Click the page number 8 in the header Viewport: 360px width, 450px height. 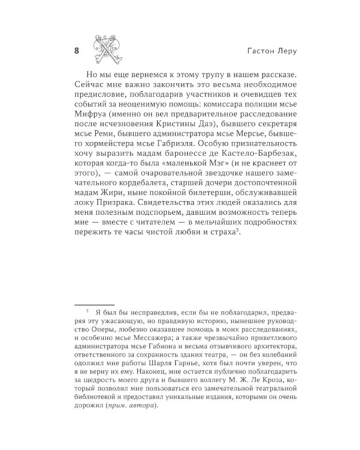(76, 50)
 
